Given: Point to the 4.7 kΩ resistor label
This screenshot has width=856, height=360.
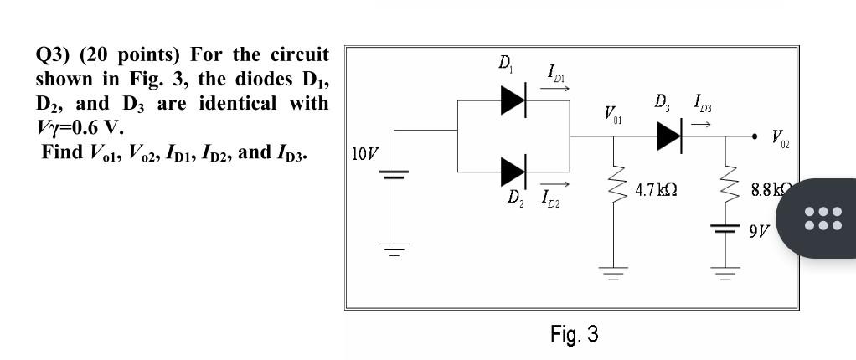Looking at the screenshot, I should point(657,190).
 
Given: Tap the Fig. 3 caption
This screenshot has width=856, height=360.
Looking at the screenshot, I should point(574,335).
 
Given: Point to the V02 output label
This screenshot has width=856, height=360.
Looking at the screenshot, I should point(778,140).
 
